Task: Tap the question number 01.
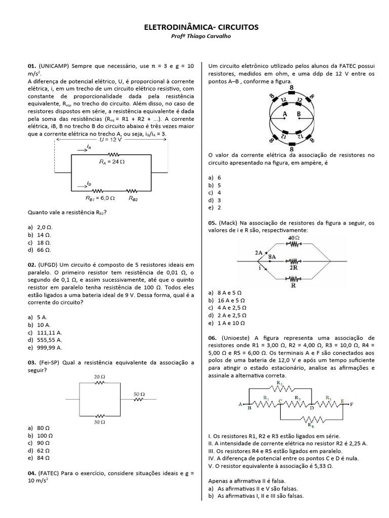(x=31, y=66)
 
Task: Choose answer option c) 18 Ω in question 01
(x=40, y=242)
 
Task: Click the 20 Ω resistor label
(x=99, y=377)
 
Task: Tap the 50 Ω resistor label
(x=139, y=394)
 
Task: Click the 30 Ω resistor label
(x=99, y=421)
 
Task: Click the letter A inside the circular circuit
(x=285, y=114)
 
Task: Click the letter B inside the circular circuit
(x=299, y=114)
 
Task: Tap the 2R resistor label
(x=294, y=268)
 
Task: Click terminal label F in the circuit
(x=352, y=404)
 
